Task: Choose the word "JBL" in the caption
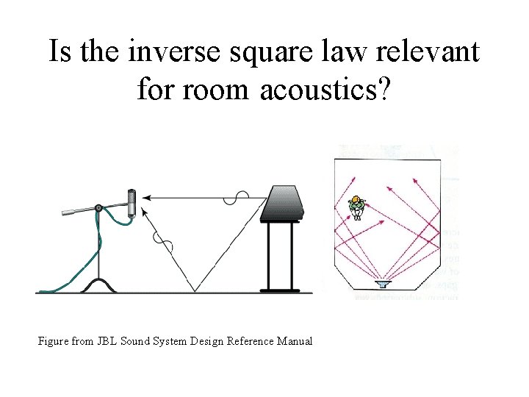[x=107, y=341]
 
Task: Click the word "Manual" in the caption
[x=294, y=341]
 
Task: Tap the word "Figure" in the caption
[x=54, y=341]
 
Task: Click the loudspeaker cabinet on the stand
[x=281, y=203]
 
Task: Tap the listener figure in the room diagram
[x=357, y=207]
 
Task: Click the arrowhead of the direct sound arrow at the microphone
[x=145, y=197]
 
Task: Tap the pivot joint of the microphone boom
[x=98, y=207]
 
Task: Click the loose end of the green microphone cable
[x=41, y=291]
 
